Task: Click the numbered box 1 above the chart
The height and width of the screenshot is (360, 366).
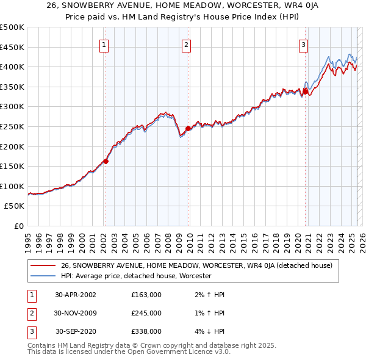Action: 104,44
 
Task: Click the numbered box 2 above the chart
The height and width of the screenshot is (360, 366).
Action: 186,44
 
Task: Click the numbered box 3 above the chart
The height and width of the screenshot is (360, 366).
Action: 303,44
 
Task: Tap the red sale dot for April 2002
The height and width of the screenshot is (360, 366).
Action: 106,161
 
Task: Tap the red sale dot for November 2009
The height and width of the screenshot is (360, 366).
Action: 188,128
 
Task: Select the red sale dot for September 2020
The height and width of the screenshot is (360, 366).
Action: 305,92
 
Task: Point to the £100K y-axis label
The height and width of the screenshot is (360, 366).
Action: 12,186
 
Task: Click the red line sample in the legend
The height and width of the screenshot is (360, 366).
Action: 43,266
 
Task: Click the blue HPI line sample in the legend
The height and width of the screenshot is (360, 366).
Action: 43,276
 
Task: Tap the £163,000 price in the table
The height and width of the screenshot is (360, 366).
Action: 146,295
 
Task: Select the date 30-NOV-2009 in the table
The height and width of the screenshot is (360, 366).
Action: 76,313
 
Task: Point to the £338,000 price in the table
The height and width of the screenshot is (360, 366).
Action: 146,331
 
